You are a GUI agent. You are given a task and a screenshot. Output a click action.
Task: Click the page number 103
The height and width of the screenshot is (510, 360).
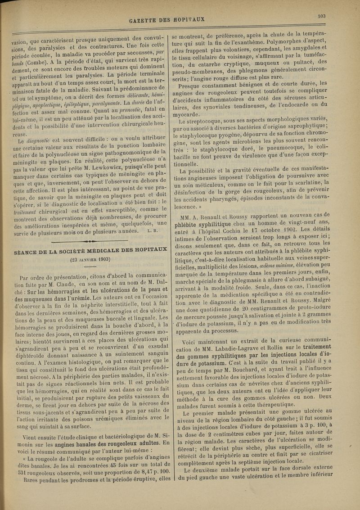(x=321, y=16)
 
